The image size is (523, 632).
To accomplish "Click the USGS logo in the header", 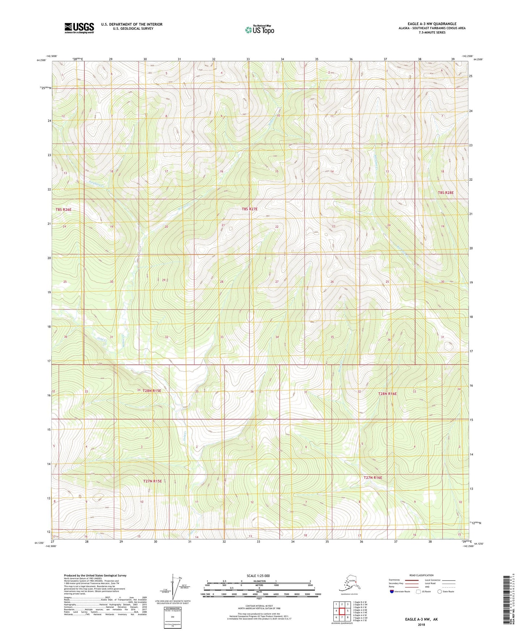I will click(x=79, y=28).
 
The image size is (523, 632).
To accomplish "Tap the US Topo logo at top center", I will click(x=259, y=29).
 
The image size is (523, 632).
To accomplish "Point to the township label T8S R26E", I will click(x=63, y=210).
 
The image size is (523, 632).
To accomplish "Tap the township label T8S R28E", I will click(x=446, y=193).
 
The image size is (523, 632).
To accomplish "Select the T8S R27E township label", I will click(x=249, y=209).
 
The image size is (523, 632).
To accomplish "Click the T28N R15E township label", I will click(x=152, y=391).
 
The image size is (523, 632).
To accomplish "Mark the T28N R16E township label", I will click(x=387, y=393).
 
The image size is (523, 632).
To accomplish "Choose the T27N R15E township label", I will click(x=152, y=481).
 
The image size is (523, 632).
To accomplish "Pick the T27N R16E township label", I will click(x=373, y=477).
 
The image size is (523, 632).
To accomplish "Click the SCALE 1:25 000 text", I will click(x=258, y=576).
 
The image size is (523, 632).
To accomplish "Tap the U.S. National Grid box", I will click(x=172, y=617).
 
